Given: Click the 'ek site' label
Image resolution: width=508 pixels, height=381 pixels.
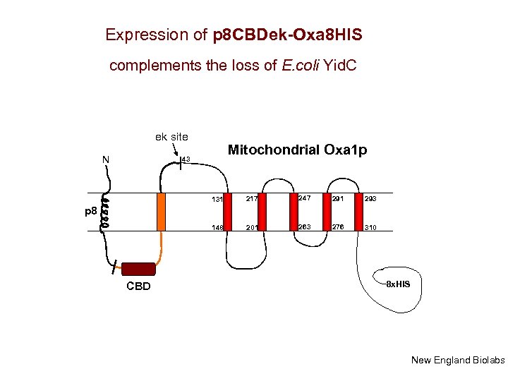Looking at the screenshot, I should (171, 136).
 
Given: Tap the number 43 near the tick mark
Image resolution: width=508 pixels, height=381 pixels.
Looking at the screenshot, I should (186, 159).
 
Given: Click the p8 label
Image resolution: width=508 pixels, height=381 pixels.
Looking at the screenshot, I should (90, 211).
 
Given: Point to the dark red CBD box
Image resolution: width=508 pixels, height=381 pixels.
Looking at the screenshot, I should (138, 268).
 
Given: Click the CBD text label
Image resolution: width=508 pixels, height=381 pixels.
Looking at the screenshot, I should (138, 286).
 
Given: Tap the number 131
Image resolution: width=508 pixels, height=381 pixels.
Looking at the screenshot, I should (217, 200).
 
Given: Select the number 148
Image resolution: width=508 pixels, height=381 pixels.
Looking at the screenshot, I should (217, 227).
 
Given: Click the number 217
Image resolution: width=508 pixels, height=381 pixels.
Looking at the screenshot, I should (250, 199).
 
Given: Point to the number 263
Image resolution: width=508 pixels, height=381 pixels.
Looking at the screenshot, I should (305, 226).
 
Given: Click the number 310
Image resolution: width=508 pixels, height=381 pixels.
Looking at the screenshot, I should (371, 227).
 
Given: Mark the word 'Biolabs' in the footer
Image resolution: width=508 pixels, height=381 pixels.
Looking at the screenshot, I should (488, 361).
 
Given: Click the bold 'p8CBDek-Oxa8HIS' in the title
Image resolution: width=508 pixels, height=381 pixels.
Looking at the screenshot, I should (287, 34).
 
